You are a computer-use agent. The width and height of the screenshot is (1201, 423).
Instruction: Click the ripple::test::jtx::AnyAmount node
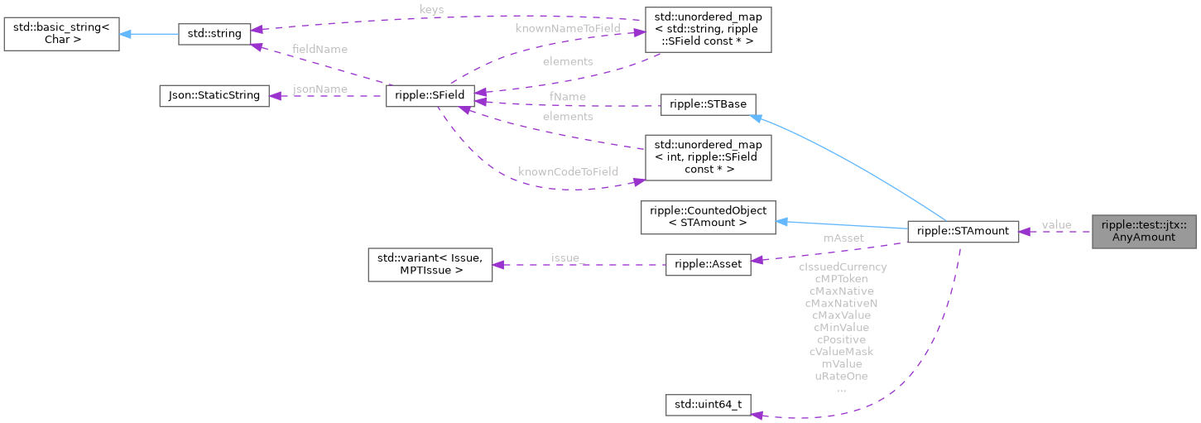click(x=1145, y=231)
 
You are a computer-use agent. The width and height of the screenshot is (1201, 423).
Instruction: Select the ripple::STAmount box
click(x=963, y=232)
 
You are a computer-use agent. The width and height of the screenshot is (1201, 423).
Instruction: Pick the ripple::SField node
click(x=430, y=96)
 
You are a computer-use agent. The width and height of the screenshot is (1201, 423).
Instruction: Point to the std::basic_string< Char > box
click(x=61, y=34)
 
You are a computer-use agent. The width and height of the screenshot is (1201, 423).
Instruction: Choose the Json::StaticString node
click(x=214, y=96)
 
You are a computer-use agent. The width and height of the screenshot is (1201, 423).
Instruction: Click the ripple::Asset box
click(x=709, y=265)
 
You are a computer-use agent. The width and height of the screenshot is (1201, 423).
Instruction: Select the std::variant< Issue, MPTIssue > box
click(x=430, y=265)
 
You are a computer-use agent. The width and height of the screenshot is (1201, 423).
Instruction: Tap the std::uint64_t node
click(x=709, y=406)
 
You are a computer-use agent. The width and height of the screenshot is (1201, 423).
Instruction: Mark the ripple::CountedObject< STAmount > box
click(x=709, y=217)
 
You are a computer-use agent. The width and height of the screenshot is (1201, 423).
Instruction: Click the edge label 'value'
click(x=1056, y=224)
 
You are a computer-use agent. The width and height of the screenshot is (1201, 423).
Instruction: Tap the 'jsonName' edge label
click(x=320, y=89)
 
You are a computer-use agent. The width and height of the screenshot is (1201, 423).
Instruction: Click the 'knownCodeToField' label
click(x=568, y=171)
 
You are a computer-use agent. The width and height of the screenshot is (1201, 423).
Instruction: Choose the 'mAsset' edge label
click(x=843, y=238)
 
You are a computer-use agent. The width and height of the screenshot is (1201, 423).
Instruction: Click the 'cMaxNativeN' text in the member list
click(x=842, y=303)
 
